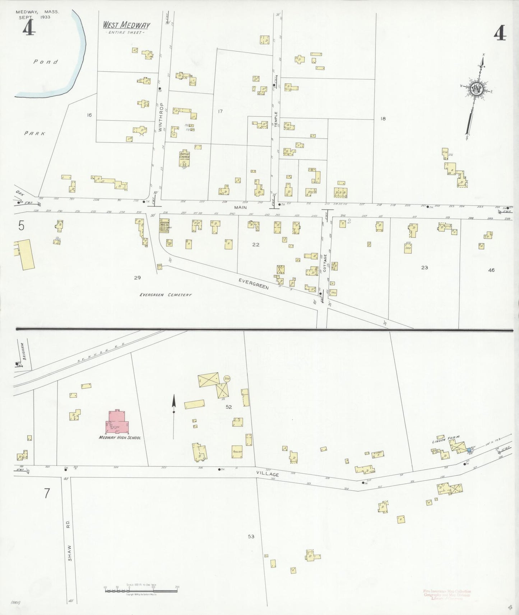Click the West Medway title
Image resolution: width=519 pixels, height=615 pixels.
(126, 25)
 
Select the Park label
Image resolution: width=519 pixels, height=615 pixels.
(35, 133)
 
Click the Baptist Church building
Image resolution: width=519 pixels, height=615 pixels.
(185, 158)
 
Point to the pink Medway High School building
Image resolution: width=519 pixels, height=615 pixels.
(117, 422)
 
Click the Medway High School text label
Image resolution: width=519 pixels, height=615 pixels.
(120, 438)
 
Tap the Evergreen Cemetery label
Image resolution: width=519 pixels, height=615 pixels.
(166, 295)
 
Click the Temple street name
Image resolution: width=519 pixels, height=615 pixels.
(276, 119)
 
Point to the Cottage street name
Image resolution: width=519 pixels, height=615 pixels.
(325, 263)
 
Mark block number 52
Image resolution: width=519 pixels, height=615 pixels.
(229, 407)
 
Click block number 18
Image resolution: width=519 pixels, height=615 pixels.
(383, 118)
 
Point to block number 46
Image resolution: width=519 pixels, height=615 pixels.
(491, 270)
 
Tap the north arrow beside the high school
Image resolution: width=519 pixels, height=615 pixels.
(173, 413)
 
